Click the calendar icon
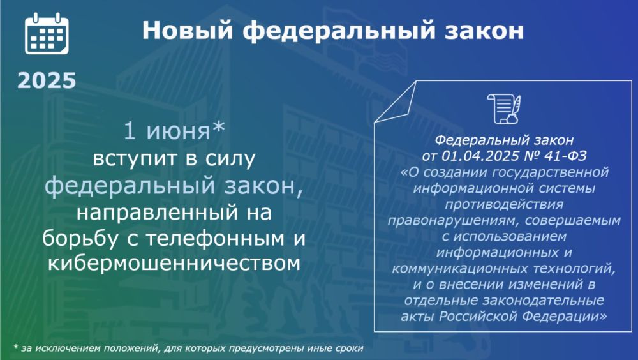coord(47,34)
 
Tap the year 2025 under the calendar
coord(47,80)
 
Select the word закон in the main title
coord(484,31)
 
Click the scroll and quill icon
coord(504,109)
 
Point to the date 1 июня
coord(167,131)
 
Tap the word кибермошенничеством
coord(174,264)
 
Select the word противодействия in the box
coord(504,204)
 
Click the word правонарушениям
coord(454,221)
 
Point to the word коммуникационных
coord(456,269)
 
